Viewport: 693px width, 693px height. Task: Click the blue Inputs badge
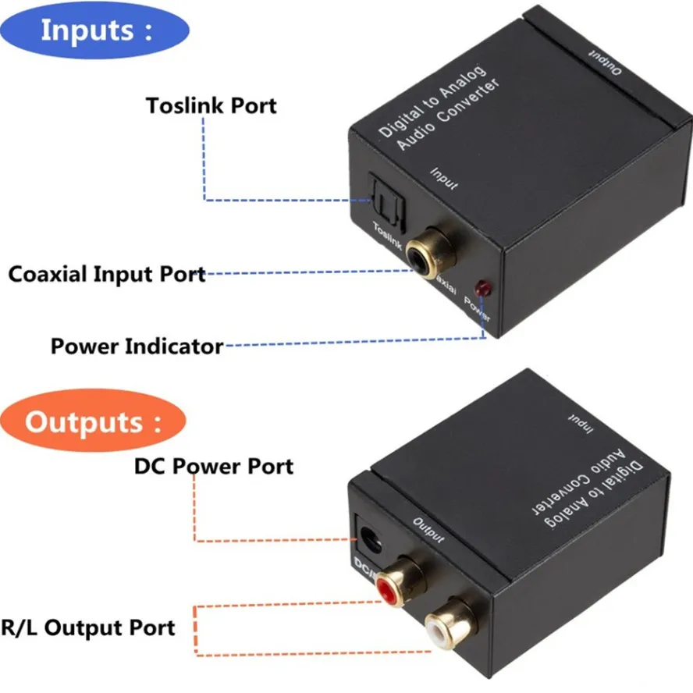(x=97, y=31)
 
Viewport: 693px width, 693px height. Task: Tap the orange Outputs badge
(x=93, y=423)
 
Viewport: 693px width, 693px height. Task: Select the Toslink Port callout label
(x=211, y=105)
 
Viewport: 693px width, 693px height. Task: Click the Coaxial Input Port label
(x=107, y=275)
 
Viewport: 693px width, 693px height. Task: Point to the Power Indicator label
(x=137, y=346)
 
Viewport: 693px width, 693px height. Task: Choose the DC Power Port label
(x=214, y=467)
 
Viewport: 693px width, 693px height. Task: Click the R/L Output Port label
(x=87, y=627)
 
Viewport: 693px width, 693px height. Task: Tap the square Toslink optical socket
(x=382, y=198)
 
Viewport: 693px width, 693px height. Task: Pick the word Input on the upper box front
(x=444, y=177)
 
